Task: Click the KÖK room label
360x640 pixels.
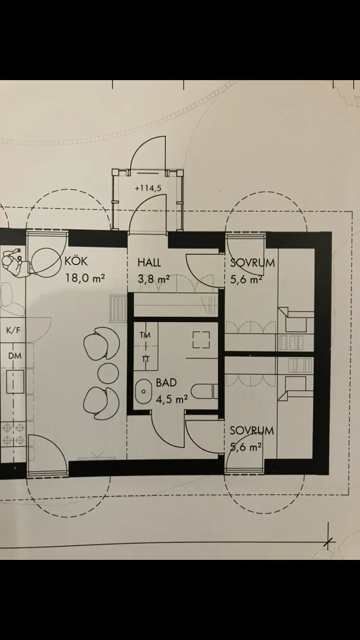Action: (77, 262)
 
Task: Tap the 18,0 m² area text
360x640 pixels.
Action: (85, 278)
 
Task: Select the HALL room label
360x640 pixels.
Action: (149, 263)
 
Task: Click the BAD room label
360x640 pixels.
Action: (166, 383)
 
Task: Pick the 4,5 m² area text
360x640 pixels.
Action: (171, 398)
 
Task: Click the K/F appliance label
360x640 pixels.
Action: (14, 331)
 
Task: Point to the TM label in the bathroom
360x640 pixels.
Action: (144, 335)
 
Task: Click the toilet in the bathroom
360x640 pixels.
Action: (206, 391)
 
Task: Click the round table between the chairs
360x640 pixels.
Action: (108, 372)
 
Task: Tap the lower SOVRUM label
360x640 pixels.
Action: (252, 430)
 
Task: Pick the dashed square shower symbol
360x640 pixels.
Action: (202, 340)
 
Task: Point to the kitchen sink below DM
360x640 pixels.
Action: (14, 382)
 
